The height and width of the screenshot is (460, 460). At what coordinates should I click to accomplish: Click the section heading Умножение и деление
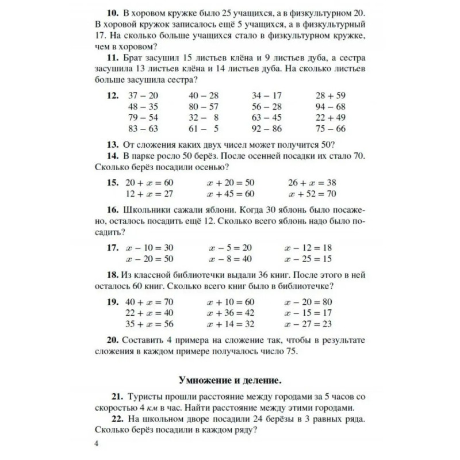tap(229, 381)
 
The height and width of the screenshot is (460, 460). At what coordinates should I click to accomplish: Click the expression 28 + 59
tap(330, 95)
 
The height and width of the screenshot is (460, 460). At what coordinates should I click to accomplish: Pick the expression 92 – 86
tap(267, 128)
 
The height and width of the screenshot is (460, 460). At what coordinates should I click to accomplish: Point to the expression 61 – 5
tap(204, 128)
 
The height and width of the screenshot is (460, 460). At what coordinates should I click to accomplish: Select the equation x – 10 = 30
tap(149, 248)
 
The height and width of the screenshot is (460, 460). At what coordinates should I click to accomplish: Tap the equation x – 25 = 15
tap(308, 259)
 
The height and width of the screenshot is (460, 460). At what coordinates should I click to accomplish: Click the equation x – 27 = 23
tap(308, 324)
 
